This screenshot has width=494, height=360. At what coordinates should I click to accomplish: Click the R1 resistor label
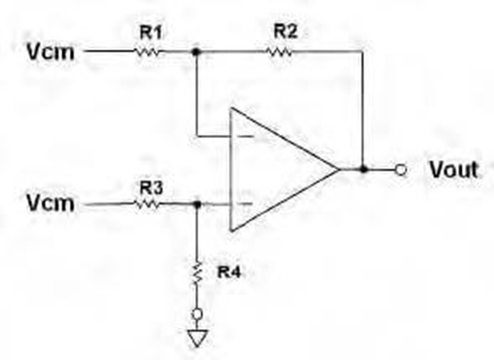[151, 32]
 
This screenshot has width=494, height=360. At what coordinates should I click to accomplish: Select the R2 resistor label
[285, 32]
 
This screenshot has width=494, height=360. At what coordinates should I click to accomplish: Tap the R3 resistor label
[151, 188]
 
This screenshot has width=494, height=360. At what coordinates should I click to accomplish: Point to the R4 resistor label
[229, 272]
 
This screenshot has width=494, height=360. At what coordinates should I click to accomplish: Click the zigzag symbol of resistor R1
[148, 52]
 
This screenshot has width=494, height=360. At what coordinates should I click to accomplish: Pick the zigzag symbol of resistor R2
[280, 52]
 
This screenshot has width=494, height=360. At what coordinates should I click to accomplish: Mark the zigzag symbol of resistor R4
[197, 273]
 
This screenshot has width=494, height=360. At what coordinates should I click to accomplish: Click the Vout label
[454, 170]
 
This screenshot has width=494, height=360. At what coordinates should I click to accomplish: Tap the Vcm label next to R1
[50, 52]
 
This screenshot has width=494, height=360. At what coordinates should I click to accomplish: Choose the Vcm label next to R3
[50, 203]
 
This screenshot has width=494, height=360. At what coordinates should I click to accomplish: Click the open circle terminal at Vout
[401, 170]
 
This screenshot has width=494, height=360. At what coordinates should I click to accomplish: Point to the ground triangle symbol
[197, 338]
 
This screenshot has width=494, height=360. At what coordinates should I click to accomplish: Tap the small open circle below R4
[197, 314]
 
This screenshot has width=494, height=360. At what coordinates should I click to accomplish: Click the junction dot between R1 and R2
[197, 52]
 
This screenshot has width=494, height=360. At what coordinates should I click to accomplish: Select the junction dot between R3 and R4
[197, 205]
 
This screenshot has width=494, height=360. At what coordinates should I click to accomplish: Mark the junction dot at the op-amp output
[364, 170]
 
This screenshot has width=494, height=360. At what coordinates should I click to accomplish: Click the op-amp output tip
[340, 170]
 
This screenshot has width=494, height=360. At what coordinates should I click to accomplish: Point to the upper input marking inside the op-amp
[246, 137]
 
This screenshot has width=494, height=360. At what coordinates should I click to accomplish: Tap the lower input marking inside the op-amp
[245, 204]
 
